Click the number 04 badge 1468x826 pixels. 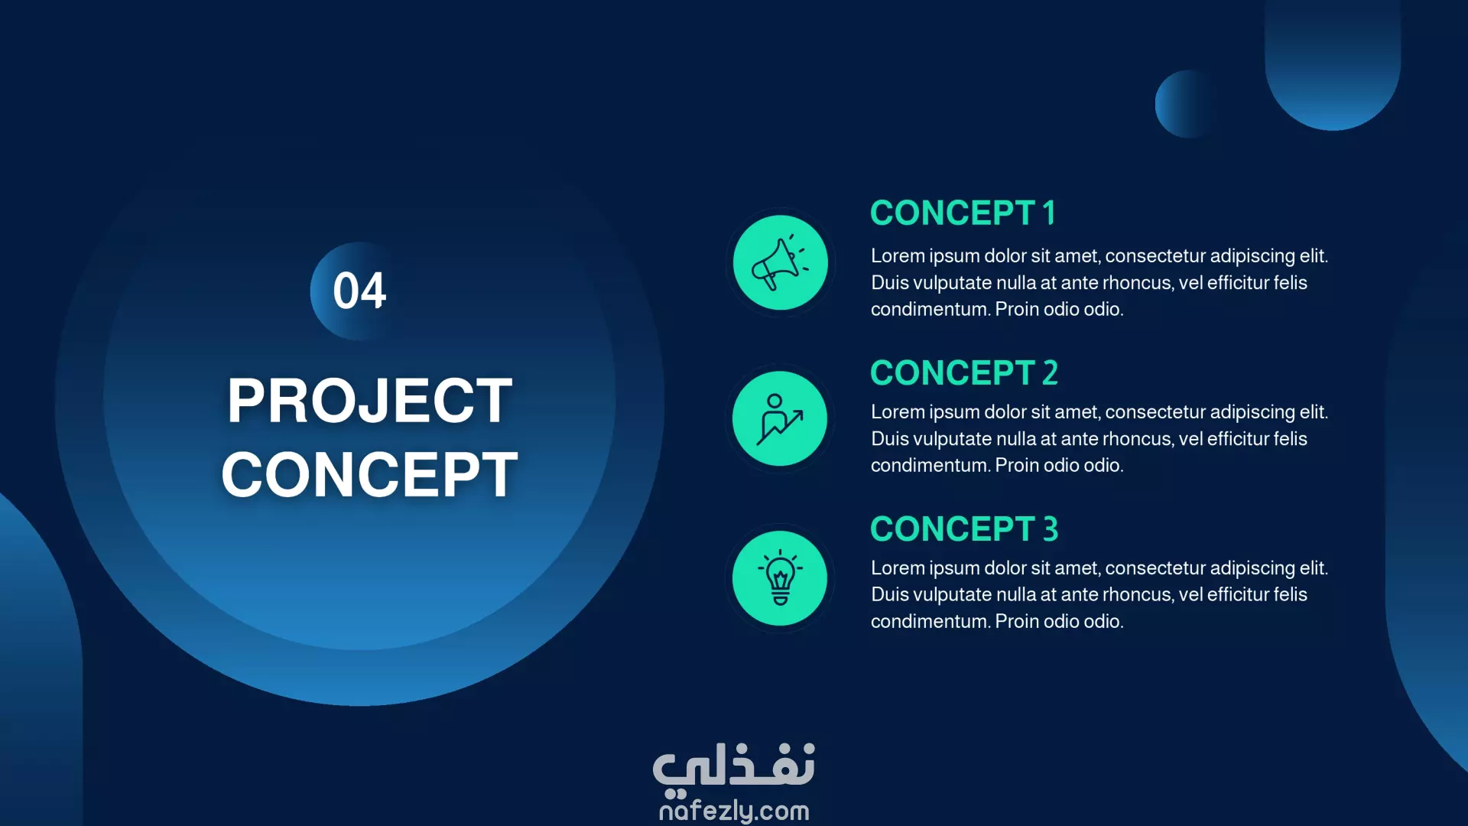pos(359,291)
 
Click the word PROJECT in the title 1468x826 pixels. pos(370,401)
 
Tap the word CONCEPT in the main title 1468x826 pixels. pos(370,474)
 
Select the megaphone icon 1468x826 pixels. pos(780,262)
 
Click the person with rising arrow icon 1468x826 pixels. pos(780,418)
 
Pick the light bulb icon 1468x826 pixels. pos(780,578)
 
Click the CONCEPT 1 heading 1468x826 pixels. pos(963,213)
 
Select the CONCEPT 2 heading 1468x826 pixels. pos(964,373)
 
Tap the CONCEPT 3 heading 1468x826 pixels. pos(964,529)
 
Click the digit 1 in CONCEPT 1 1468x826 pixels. pos(1049,213)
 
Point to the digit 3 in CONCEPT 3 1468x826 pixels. pos(1051,529)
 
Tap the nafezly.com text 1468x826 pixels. pos(734,811)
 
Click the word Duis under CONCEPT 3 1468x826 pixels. pos(889,594)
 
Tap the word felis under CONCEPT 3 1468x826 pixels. pos(1290,594)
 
